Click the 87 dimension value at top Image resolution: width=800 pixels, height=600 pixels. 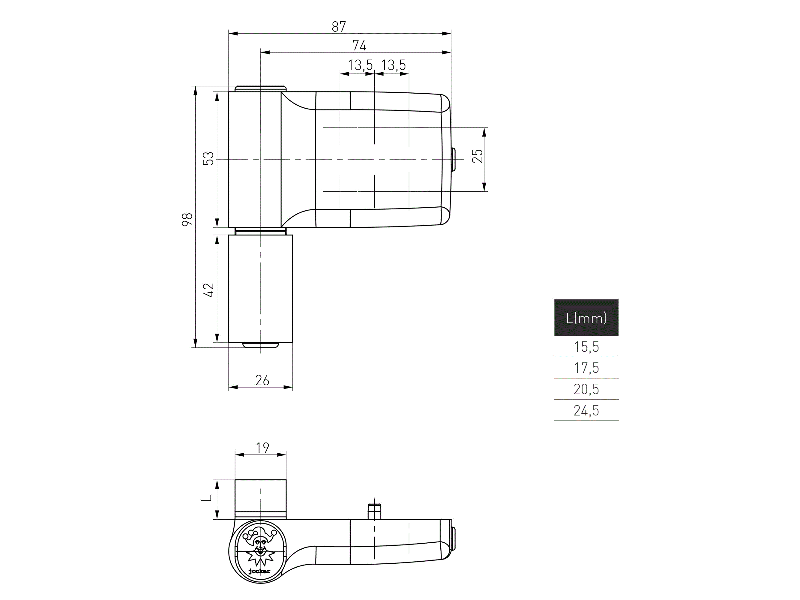[x=339, y=27]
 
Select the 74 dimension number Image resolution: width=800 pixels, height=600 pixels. [x=359, y=46]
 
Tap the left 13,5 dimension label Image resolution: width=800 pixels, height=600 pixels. [x=360, y=65]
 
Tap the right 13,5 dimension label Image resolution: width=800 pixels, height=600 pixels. [x=394, y=65]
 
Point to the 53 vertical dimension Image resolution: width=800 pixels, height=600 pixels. [x=208, y=159]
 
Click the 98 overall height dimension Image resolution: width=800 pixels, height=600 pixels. [x=187, y=220]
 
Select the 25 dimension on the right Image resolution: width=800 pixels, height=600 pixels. [x=478, y=156]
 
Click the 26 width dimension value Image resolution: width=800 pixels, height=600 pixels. [x=262, y=380]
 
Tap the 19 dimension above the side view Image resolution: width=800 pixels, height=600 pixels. [x=262, y=448]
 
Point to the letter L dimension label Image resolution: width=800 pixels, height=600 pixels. [x=206, y=498]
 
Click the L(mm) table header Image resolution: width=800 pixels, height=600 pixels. [x=586, y=318]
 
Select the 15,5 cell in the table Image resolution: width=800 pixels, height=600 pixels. [x=586, y=347]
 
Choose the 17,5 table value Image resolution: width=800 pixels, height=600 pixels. [x=586, y=368]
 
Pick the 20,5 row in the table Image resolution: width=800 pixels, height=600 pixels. [x=586, y=389]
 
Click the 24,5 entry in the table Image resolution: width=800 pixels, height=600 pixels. [x=586, y=410]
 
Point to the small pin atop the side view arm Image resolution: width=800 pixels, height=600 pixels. [x=374, y=511]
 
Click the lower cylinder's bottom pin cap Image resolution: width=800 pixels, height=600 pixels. [x=260, y=345]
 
